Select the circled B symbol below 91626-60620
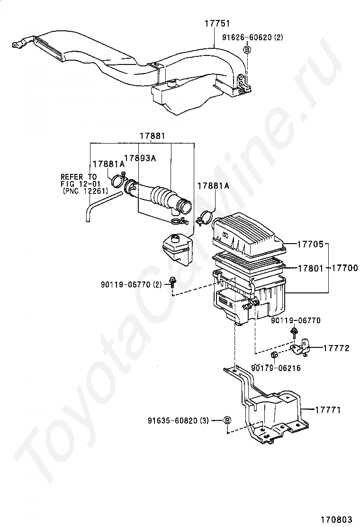247,49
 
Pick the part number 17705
310,245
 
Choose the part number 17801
310,269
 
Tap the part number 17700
344,269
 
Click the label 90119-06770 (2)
131,284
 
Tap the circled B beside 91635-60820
227,420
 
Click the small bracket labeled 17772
300,347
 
